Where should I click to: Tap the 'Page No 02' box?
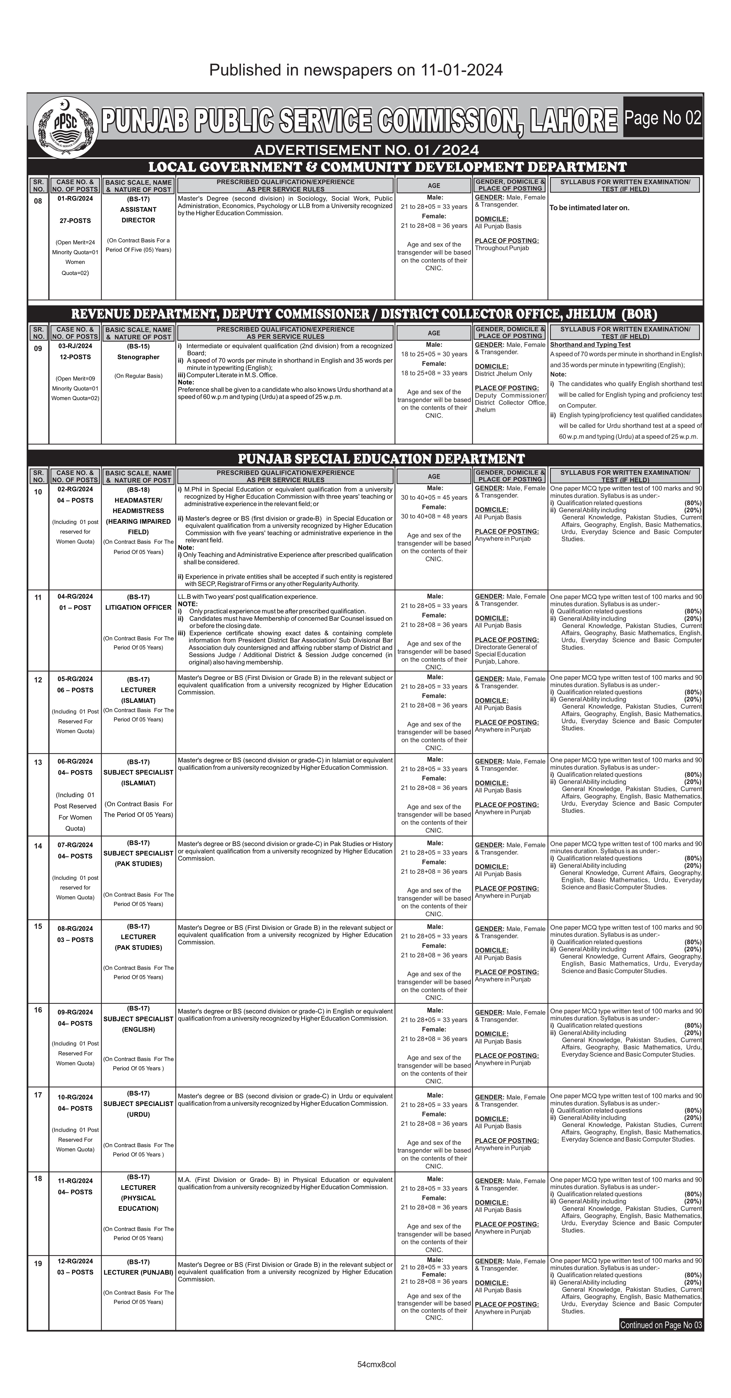click(663, 118)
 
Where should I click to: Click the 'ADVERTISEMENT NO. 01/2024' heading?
click(366, 150)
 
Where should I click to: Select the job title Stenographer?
click(138, 357)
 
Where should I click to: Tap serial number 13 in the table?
click(38, 763)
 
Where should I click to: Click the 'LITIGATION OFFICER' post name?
click(138, 607)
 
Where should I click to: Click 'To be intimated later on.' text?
click(589, 208)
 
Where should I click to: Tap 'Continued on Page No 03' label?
click(661, 1325)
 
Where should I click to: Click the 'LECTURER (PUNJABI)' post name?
click(138, 1272)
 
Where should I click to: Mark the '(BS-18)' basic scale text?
click(138, 490)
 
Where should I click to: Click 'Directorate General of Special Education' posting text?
click(506, 651)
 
